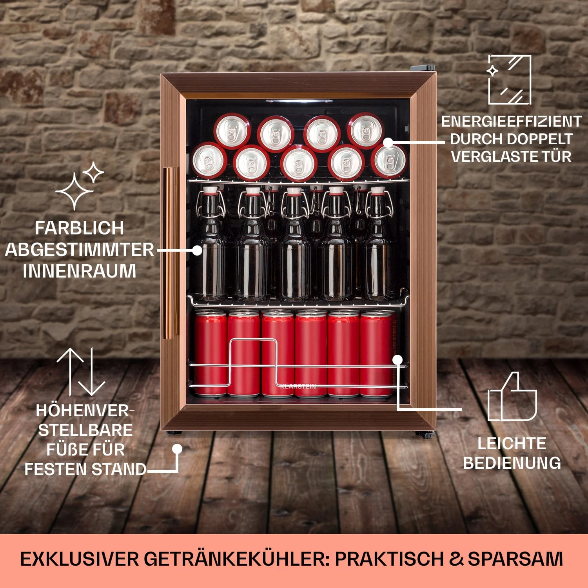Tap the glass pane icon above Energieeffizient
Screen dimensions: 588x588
(509, 80)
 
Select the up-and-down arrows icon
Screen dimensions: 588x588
(81, 371)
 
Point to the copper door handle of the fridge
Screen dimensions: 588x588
(171, 251)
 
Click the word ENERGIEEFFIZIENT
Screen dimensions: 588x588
(511, 122)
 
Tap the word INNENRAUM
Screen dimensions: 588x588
(80, 271)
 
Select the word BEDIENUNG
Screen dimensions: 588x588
(512, 463)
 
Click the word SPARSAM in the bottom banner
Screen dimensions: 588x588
(515, 559)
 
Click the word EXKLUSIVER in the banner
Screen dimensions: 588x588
(80, 559)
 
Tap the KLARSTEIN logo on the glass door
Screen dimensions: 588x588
(298, 387)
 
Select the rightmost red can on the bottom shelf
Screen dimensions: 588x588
(377, 353)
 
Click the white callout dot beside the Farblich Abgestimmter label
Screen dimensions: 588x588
(197, 250)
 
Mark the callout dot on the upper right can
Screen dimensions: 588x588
(388, 143)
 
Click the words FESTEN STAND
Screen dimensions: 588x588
(85, 469)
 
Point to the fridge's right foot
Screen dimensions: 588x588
(425, 434)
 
